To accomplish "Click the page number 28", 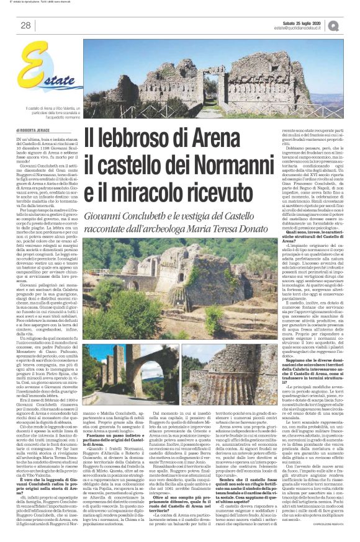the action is click(26, 25).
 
